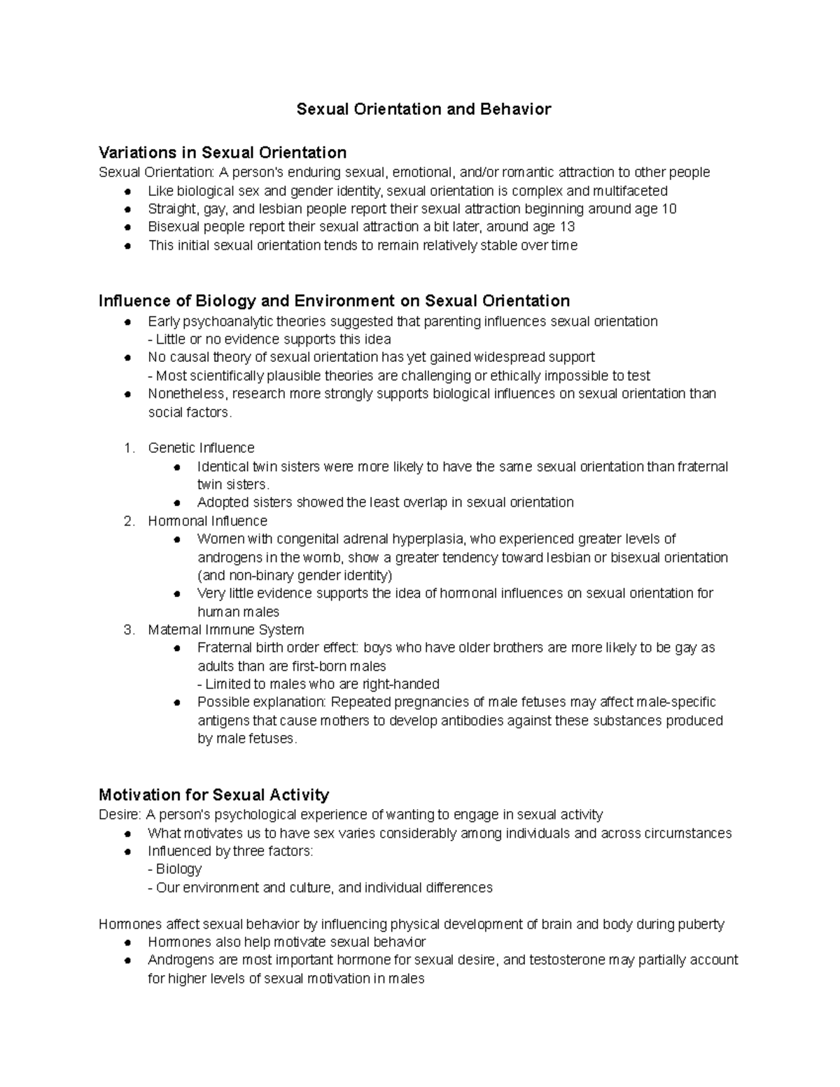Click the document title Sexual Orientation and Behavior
(x=423, y=109)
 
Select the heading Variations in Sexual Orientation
(x=223, y=153)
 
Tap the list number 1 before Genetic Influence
(x=128, y=448)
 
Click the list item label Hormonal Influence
(x=207, y=521)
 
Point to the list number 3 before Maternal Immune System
(x=128, y=629)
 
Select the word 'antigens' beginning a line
(x=222, y=720)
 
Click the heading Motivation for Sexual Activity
(x=213, y=795)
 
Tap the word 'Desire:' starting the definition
(x=120, y=815)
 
